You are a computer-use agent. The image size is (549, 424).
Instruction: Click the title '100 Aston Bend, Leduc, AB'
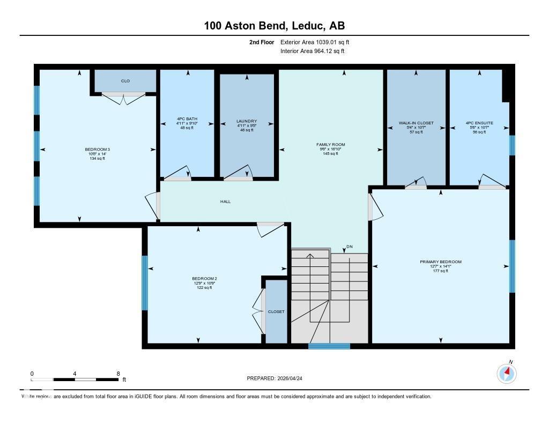pyautogui.click(x=274, y=25)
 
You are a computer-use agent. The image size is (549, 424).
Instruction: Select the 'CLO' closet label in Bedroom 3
pyautogui.click(x=125, y=81)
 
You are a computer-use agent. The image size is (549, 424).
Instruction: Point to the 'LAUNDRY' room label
pyautogui.click(x=247, y=121)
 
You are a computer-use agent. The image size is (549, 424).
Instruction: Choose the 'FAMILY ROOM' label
pyautogui.click(x=330, y=145)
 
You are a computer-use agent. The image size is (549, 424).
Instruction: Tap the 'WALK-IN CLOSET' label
pyautogui.click(x=416, y=123)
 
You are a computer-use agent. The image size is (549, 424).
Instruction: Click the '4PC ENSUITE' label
pyautogui.click(x=479, y=123)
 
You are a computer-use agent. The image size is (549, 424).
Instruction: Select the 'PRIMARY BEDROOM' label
pyautogui.click(x=440, y=262)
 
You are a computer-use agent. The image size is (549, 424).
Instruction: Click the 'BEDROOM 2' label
pyautogui.click(x=204, y=279)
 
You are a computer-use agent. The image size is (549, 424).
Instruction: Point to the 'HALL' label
pyautogui.click(x=225, y=202)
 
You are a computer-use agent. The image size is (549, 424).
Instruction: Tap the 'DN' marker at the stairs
pyautogui.click(x=350, y=247)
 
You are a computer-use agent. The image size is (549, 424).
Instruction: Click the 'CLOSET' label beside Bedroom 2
pyautogui.click(x=276, y=311)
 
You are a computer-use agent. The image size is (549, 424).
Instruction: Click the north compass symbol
pyautogui.click(x=507, y=373)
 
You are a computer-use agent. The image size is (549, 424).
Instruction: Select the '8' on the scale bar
pyautogui.click(x=118, y=373)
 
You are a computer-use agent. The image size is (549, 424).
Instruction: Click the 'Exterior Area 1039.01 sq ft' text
pyautogui.click(x=315, y=42)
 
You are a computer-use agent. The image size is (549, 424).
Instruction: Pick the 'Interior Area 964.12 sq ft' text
pyautogui.click(x=312, y=51)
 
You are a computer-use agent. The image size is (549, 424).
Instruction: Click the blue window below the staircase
pyautogui.click(x=329, y=346)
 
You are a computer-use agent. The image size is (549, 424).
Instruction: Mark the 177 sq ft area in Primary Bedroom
pyautogui.click(x=440, y=271)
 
